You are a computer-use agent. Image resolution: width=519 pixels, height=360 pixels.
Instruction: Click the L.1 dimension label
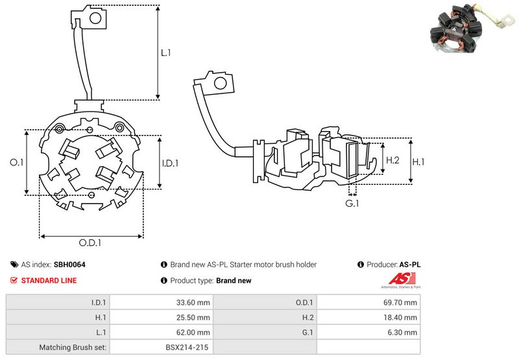click(x=165, y=53)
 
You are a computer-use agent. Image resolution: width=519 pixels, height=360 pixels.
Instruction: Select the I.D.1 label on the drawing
click(x=169, y=163)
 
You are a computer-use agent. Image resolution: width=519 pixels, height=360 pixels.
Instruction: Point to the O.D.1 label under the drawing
click(x=91, y=243)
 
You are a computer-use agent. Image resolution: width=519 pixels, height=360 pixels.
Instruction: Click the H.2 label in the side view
click(x=392, y=160)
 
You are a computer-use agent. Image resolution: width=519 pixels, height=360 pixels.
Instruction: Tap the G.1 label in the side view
click(x=352, y=204)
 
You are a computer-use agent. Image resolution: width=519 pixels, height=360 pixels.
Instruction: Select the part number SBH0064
click(x=69, y=265)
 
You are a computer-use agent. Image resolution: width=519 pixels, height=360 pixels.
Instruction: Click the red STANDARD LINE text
click(x=49, y=280)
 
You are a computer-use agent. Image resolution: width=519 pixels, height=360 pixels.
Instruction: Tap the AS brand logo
click(x=399, y=281)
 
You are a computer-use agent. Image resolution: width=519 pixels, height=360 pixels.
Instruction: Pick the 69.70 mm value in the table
click(x=402, y=302)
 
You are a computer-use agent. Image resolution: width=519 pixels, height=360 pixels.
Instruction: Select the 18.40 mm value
click(x=402, y=317)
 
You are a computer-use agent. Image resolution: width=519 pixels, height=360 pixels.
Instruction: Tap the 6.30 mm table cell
click(x=404, y=332)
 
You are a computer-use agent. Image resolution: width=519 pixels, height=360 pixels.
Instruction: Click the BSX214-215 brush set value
click(x=186, y=347)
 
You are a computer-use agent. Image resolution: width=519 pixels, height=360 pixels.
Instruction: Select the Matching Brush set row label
click(x=73, y=347)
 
